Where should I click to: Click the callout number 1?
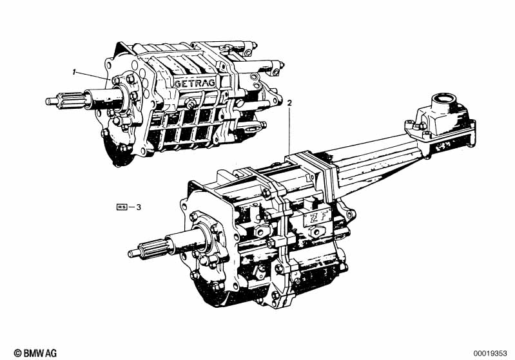(75, 72)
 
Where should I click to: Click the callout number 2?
(289, 102)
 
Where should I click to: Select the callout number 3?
(139, 207)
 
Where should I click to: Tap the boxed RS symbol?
(122, 207)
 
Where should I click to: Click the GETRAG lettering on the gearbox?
(195, 83)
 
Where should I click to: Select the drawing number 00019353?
(490, 354)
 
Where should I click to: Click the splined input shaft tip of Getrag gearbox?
(48, 101)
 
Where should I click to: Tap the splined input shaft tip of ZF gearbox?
(131, 253)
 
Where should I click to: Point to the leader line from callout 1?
(93, 75)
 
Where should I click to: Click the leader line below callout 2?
(289, 131)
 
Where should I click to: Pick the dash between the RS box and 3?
(131, 207)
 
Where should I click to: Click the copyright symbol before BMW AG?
(17, 353)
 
